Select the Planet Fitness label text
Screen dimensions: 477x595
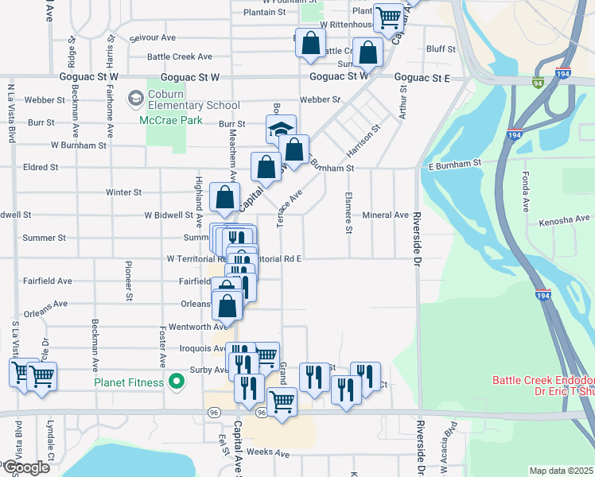coord(129,382)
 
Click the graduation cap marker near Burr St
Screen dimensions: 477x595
coord(281,129)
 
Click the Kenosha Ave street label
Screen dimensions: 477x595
coord(565,219)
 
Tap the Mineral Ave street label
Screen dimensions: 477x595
coord(385,215)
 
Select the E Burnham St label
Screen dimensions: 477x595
coord(455,164)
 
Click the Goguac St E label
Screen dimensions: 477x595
coord(423,78)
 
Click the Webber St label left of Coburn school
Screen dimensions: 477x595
coord(45,100)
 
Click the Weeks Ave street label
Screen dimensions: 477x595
coord(268,452)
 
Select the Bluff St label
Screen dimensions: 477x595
coord(441,48)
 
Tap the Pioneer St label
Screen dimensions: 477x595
coord(128,281)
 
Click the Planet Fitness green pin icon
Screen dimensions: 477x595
coord(177,382)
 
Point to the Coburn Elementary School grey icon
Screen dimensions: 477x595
coord(135,99)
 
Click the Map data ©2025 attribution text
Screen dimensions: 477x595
coord(561,471)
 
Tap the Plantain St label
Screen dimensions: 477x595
coord(264,13)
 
